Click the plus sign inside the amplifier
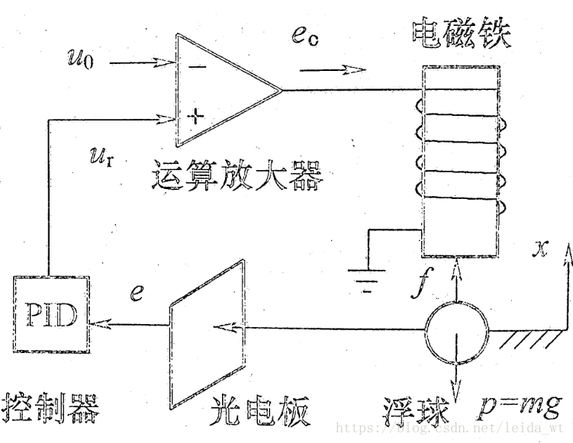(196, 117)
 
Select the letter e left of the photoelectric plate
(136, 292)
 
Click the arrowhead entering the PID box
(94, 324)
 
